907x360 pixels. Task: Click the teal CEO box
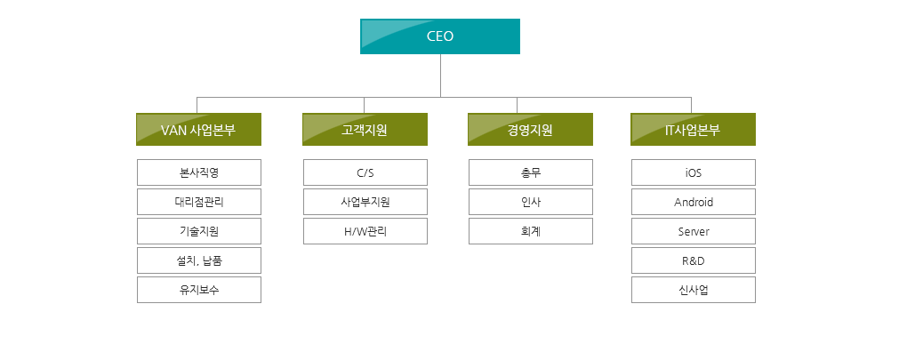[440, 36]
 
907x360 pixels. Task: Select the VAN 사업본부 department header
[199, 130]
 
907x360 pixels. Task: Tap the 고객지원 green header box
[365, 130]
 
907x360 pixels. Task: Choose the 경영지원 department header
[531, 130]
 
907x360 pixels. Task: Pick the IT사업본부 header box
[693, 130]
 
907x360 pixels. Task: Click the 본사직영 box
[199, 172]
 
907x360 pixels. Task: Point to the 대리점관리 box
[199, 202]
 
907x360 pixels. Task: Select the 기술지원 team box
[199, 231]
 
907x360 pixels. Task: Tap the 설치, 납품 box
[199, 260]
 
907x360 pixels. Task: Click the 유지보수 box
[199, 290]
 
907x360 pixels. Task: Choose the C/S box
[365, 172]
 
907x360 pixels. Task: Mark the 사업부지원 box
[365, 202]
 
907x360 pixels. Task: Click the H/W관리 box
[365, 231]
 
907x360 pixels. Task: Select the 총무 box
[531, 172]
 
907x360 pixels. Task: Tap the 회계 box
[531, 231]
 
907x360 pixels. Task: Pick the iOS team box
[694, 172]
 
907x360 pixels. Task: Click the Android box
[694, 202]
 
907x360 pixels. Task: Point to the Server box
[694, 231]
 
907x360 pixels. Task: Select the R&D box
[694, 260]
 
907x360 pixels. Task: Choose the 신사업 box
[694, 290]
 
